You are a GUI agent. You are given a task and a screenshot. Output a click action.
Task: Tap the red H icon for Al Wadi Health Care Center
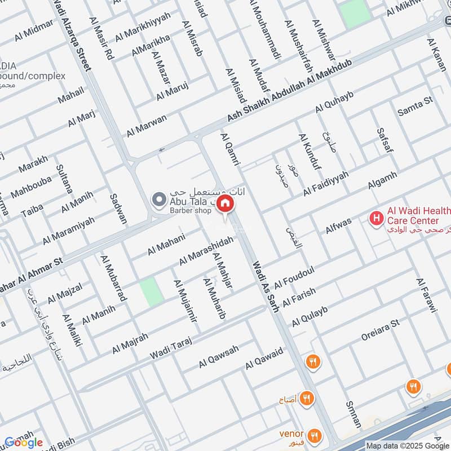coord(375,217)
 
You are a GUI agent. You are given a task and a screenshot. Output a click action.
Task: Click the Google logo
coord(23,443)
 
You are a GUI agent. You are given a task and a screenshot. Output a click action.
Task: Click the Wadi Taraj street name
coord(171,348)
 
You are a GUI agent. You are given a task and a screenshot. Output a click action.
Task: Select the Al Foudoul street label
coord(294,277)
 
